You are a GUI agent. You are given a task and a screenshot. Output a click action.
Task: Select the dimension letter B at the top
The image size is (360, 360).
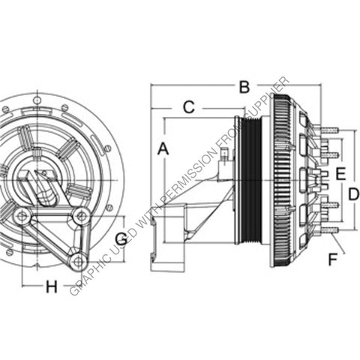[x=243, y=87]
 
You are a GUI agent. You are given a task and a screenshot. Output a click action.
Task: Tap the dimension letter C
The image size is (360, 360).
[x=189, y=107]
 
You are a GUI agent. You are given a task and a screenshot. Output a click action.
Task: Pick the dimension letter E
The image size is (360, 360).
[x=340, y=174]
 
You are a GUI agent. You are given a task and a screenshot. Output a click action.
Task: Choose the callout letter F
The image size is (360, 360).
[x=331, y=260]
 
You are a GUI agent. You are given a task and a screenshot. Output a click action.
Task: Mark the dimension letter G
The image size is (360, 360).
[x=121, y=240]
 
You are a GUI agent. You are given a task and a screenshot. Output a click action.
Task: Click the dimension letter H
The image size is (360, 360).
[x=51, y=286]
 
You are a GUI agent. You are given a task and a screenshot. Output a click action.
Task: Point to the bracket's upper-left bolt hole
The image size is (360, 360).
[x=22, y=217]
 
